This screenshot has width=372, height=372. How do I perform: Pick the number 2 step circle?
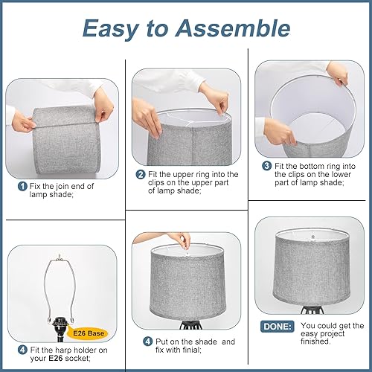[140, 175]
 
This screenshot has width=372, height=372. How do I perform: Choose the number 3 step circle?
[266, 165]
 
